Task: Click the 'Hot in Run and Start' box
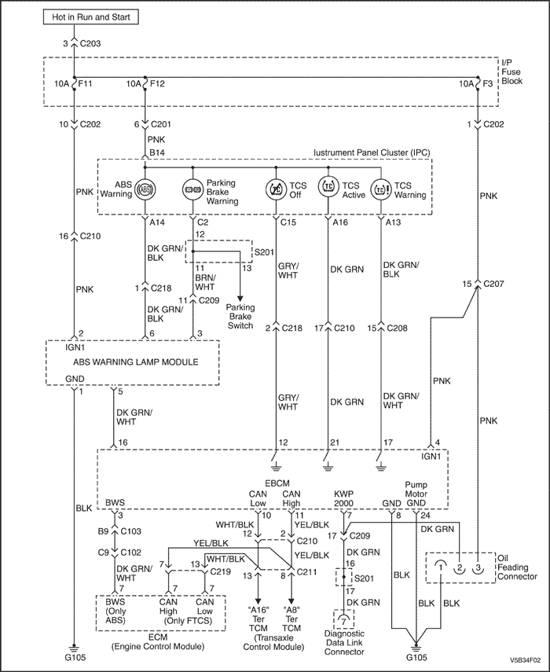(90, 17)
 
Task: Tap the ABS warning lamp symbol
(145, 189)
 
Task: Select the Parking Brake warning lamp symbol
(192, 189)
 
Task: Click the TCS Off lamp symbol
(276, 189)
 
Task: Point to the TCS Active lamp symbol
(328, 186)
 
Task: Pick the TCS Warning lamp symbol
(381, 189)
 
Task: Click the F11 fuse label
(85, 83)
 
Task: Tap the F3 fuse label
(487, 83)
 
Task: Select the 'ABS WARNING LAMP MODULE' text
(136, 362)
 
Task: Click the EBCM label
(277, 483)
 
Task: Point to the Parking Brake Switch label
(240, 316)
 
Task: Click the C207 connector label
(493, 284)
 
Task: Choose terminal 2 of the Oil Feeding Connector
(459, 567)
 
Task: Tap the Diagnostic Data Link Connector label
(344, 642)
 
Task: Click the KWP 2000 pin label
(343, 498)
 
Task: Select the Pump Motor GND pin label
(416, 494)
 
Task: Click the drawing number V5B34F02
(525, 660)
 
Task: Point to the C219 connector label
(220, 571)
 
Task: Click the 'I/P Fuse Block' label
(511, 72)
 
